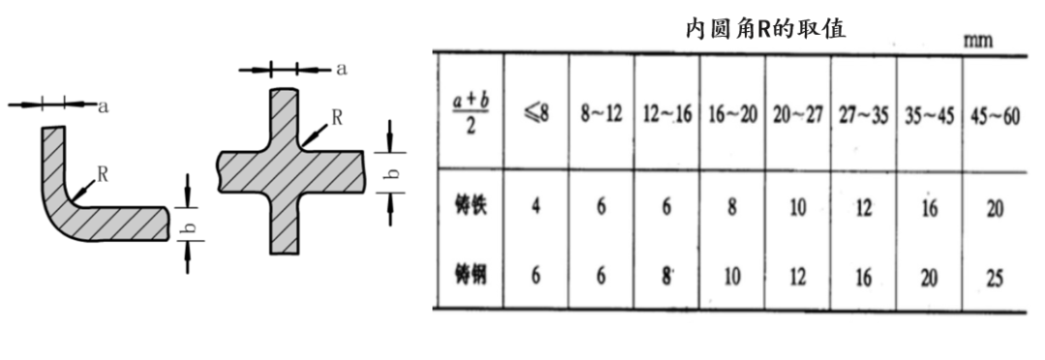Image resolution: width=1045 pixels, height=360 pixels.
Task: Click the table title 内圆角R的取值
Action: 765,29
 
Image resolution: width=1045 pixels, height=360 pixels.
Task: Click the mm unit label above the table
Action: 978,42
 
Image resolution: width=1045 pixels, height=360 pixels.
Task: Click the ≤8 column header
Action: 536,114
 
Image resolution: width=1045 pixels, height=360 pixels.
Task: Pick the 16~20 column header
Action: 732,114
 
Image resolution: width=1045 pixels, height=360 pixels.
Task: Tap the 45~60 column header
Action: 994,114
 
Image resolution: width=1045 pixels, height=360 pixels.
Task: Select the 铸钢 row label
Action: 470,275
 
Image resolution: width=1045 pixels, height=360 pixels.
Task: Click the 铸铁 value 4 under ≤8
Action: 536,207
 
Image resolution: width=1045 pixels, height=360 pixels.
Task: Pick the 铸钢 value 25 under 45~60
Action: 994,277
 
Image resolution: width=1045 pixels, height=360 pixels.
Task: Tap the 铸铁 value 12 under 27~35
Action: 863,208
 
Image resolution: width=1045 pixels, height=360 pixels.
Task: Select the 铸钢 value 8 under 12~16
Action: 667,276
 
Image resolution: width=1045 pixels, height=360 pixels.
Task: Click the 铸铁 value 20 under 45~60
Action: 994,209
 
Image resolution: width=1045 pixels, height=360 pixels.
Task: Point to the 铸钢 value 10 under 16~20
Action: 732,276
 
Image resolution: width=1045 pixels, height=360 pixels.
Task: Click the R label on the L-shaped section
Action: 103,174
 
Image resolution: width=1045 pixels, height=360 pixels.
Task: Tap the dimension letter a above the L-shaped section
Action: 104,106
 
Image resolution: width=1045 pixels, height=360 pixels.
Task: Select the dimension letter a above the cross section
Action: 342,69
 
